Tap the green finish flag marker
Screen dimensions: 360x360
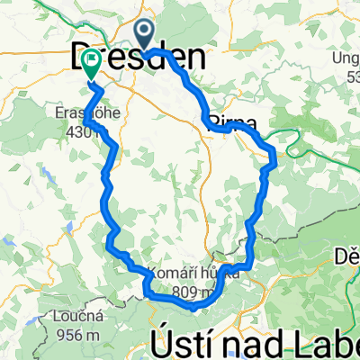click(91, 62)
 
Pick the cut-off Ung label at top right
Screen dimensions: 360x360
click(346, 59)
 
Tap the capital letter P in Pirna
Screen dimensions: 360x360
click(213, 122)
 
